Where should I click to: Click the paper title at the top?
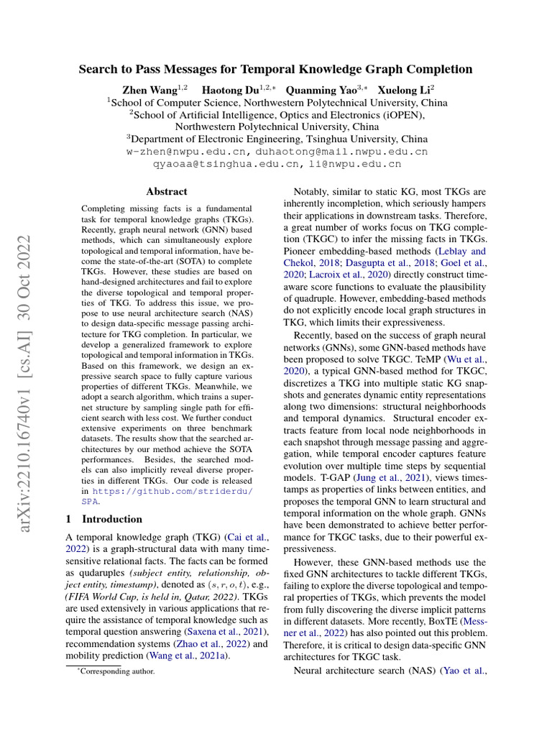[275, 70]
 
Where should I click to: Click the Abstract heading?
[167, 192]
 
